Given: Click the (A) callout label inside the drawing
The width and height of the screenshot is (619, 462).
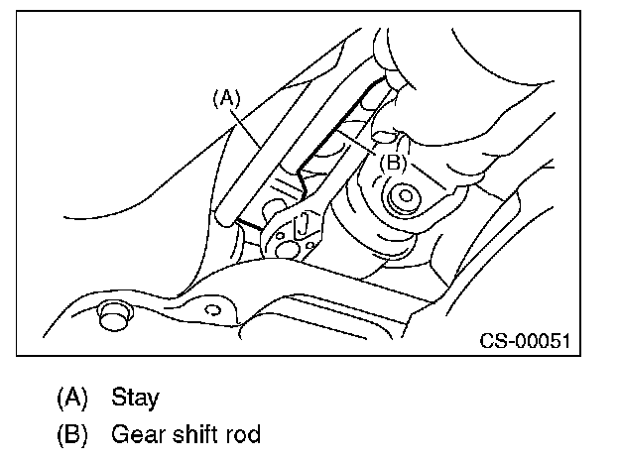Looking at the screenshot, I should point(226,97).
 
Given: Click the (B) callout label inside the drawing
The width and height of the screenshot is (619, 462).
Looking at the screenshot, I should point(391,161).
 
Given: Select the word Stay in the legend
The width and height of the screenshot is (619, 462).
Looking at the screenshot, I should point(136,398).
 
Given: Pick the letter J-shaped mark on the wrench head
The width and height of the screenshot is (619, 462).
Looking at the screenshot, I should point(301,224).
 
